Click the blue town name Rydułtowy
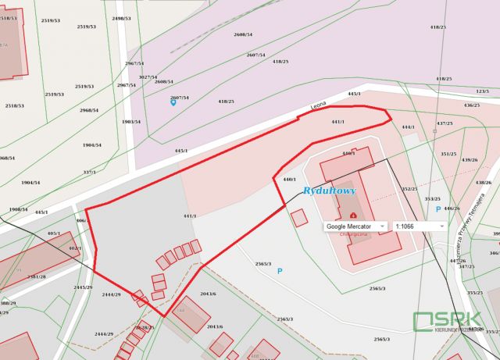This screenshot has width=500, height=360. coord(329,191)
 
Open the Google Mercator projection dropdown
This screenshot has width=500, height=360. coord(355,226)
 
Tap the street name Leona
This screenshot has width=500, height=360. coord(317,104)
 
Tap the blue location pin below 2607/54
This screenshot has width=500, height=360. coord(173,103)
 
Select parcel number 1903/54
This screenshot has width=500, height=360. coord(131,122)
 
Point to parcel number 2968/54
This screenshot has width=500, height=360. coord(89,110)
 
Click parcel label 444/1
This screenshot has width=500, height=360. coord(408,127)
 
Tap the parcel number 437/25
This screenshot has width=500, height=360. coord(444,123)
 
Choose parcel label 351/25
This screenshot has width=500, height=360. coord(448,154)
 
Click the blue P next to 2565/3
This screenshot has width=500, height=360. coord(280,271)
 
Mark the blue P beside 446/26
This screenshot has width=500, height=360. coord(437,209)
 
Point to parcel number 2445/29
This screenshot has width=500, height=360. coord(84,287)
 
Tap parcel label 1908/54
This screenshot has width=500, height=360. coord(18,209)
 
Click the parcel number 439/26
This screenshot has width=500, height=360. coord(470,160)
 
